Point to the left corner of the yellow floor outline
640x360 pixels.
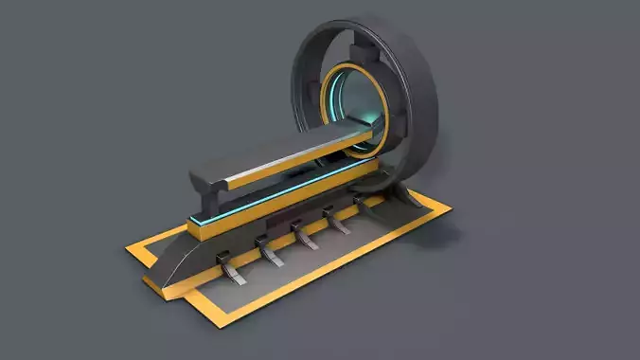click(x=129, y=249)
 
